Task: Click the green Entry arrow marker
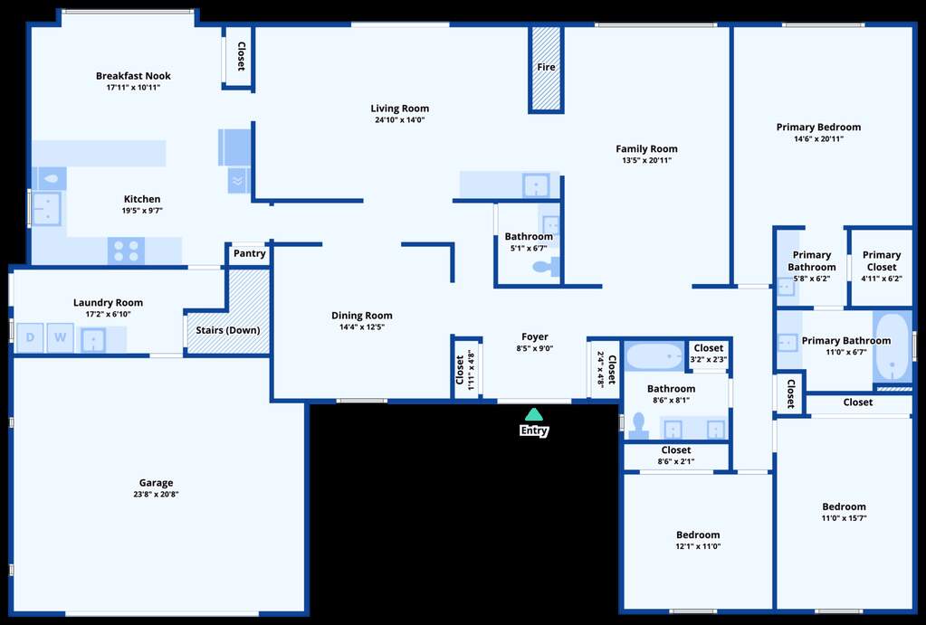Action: coord(533,414)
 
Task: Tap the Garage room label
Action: coord(156,483)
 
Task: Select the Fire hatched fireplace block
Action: coord(546,68)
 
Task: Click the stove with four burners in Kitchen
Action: coord(126,251)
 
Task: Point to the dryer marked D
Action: coord(30,337)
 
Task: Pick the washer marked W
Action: coord(61,337)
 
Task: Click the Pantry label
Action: coord(249,253)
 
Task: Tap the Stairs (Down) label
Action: coord(228,330)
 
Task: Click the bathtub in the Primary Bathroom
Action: coord(893,347)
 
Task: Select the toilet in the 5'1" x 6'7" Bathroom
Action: coord(546,267)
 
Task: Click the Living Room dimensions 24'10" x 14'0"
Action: coord(400,119)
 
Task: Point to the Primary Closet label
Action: coord(882,260)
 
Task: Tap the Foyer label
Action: coord(534,337)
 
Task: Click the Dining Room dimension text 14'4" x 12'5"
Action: coord(362,327)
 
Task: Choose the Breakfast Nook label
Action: coord(133,76)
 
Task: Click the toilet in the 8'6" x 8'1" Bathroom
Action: coord(638,426)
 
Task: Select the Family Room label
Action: coord(646,148)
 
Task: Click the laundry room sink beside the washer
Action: coord(92,340)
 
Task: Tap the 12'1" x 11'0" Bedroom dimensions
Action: coord(698,546)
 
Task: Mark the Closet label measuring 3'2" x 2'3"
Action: coord(709,348)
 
